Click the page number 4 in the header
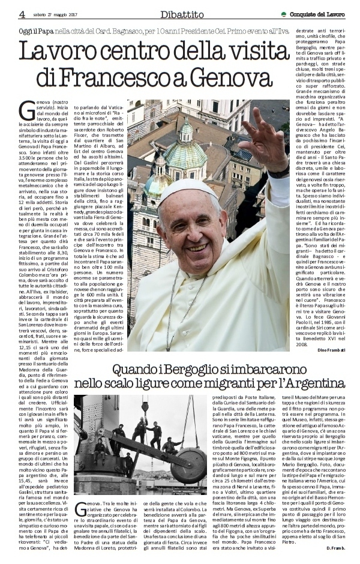pos(22,14)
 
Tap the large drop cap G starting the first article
pos(27,110)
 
